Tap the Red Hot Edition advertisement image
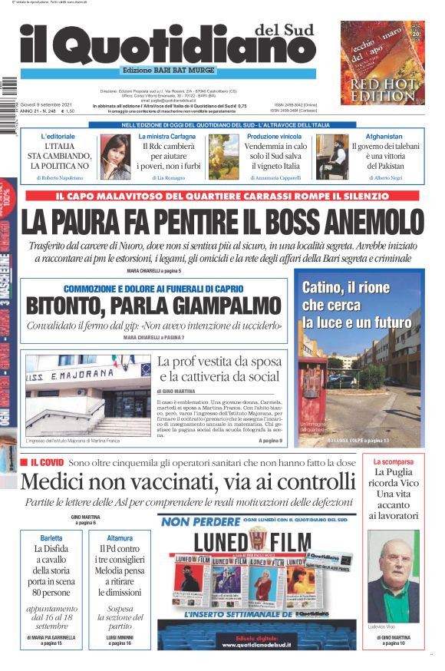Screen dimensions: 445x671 pyautogui.click(x=382, y=63)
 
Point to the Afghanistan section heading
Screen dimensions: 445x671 pyautogui.click(x=384, y=136)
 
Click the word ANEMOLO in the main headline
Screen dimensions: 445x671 pyautogui.click(x=360, y=223)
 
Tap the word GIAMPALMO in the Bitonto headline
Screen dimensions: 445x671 pyautogui.click(x=210, y=306)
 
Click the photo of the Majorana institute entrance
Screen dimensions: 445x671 pyautogui.click(x=87, y=395)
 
